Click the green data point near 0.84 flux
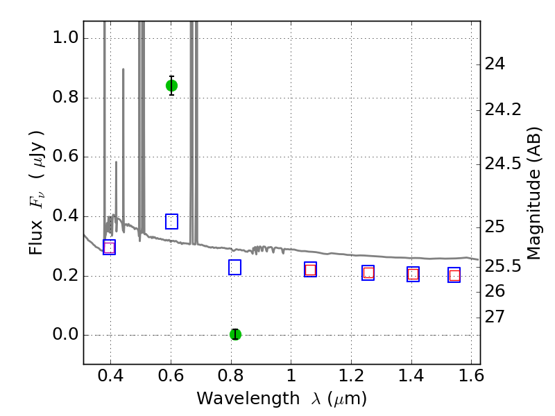[171, 85]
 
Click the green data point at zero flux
[235, 334]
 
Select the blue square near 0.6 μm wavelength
[171, 221]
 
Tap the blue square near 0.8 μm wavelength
[234, 267]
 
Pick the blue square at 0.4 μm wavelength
[109, 248]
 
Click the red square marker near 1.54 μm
[454, 275]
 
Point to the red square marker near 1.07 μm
[310, 270]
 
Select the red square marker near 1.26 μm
[368, 272]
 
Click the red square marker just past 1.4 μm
[413, 274]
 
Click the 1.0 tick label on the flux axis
[65, 37]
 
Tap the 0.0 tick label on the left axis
[65, 336]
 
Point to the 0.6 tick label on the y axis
[65, 157]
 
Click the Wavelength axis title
[281, 399]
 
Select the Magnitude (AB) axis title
[533, 193]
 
